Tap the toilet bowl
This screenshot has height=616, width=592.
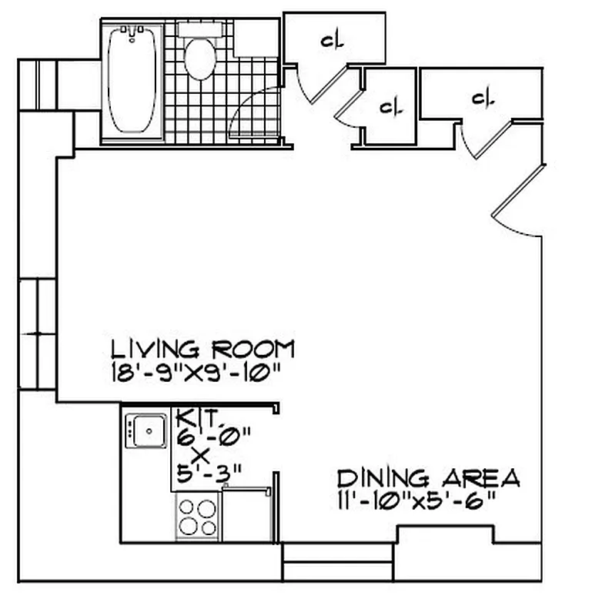(200, 60)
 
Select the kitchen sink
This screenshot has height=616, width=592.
(145, 430)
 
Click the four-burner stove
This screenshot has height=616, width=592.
(198, 517)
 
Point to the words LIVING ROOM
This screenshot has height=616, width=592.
(202, 349)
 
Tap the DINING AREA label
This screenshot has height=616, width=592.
(429, 478)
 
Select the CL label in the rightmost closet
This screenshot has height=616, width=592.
(482, 98)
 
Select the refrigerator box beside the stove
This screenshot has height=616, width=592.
(246, 514)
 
